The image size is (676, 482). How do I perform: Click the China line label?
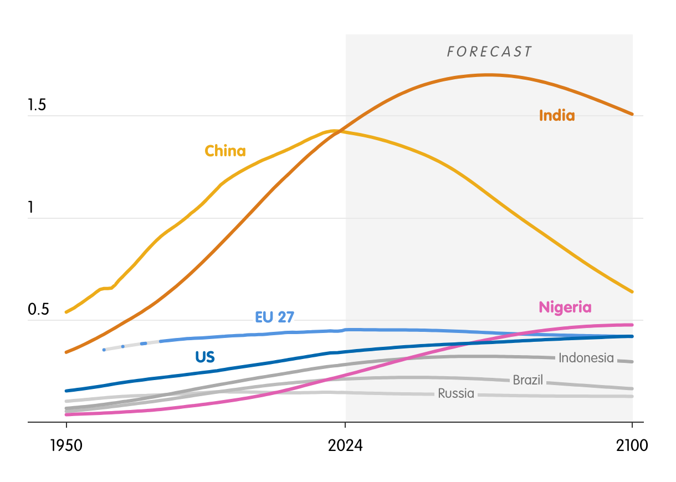click(225, 151)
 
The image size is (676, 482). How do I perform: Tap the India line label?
click(557, 116)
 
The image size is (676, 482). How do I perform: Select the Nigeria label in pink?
click(565, 307)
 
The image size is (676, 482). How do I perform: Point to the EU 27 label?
click(274, 317)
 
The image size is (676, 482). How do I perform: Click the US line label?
click(204, 357)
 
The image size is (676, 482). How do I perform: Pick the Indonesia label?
click(586, 358)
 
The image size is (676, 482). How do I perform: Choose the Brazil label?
click(528, 380)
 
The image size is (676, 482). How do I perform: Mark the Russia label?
click(456, 393)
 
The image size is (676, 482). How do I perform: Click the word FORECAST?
click(489, 52)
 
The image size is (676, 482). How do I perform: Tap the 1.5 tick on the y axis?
click(38, 106)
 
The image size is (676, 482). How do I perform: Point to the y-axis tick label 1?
click(31, 208)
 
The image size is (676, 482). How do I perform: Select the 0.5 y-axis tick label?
click(38, 310)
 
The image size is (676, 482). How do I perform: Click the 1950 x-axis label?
click(66, 445)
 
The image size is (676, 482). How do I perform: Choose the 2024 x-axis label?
click(345, 445)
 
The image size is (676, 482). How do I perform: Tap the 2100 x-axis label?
click(632, 445)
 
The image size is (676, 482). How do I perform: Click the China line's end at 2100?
click(632, 291)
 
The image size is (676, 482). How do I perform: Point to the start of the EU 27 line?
click(104, 350)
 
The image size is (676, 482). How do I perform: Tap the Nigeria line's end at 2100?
click(632, 325)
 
